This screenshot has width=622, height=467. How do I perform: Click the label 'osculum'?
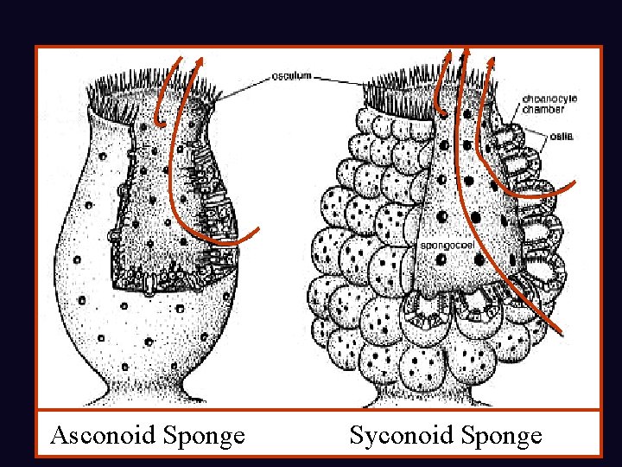(x=291, y=76)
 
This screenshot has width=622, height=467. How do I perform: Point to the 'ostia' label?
(x=562, y=136)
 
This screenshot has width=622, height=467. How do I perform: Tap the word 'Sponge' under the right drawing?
(x=503, y=435)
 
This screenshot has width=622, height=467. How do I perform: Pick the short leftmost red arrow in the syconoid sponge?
(x=441, y=86)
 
